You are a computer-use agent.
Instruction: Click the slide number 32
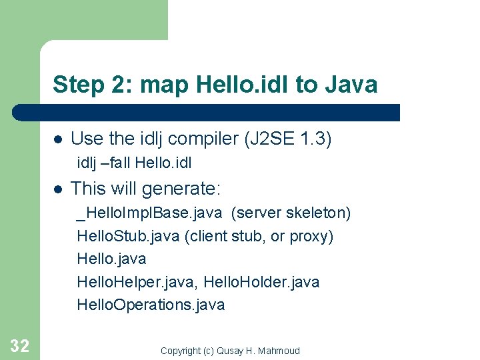19,345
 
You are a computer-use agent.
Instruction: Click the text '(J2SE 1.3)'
287,139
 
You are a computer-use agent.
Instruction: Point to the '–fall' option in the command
116,162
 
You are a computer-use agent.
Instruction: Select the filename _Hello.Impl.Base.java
151,213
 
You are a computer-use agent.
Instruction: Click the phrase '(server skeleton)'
291,213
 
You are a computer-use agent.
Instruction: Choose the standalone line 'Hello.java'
111,259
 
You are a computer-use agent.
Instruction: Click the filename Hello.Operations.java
151,305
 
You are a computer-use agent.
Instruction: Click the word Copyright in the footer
180,351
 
